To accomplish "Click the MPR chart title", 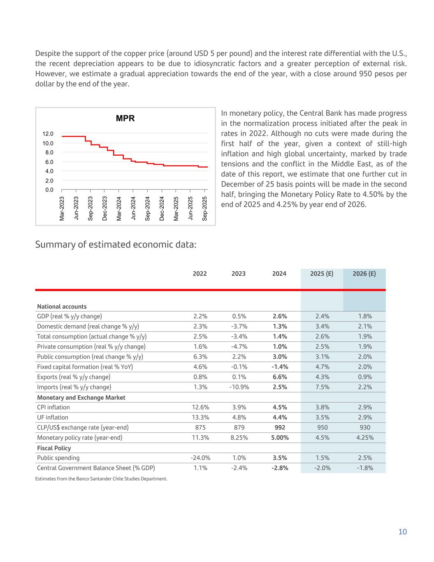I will click(x=125, y=119).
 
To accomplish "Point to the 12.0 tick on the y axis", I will click(x=48, y=134).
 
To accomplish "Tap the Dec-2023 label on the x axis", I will click(x=104, y=208).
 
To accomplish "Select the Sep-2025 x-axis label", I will click(x=205, y=208).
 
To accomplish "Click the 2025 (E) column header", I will click(x=322, y=274).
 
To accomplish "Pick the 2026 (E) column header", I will click(x=364, y=274).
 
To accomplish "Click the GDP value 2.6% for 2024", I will click(x=280, y=316).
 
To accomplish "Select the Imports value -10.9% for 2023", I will click(x=239, y=387).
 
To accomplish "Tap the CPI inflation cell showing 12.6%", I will click(x=200, y=407).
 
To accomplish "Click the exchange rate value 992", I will click(x=280, y=427).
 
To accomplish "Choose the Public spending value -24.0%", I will click(x=200, y=458).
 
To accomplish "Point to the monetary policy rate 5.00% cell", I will click(x=280, y=438).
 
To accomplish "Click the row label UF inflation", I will click(x=53, y=417).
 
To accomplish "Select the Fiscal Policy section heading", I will click(x=54, y=448).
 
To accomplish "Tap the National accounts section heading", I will click(x=62, y=307).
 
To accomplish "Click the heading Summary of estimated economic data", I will click(x=116, y=245).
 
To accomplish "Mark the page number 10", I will click(x=402, y=532).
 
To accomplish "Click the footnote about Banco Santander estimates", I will click(x=101, y=479).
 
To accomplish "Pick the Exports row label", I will click(x=74, y=377).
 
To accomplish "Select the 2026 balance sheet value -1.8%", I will click(x=364, y=468).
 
